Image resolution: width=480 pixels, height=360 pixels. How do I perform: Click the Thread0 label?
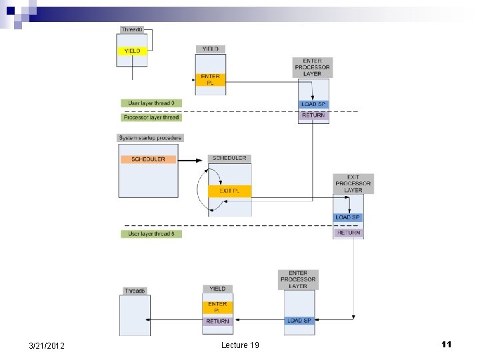pyautogui.click(x=132, y=30)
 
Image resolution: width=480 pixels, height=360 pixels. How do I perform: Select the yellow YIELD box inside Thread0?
pyautogui.click(x=132, y=51)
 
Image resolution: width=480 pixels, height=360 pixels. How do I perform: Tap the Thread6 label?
pyautogui.click(x=135, y=291)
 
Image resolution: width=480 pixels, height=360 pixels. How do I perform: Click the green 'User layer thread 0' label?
pyautogui.click(x=151, y=103)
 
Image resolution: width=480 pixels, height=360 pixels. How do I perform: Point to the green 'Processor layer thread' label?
pyautogui.click(x=151, y=117)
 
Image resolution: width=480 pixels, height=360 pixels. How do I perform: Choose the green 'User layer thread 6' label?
pyautogui.click(x=151, y=234)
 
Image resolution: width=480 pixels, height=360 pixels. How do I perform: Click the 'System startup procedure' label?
pyautogui.click(x=150, y=138)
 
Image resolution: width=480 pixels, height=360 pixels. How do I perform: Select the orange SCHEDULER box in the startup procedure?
pyautogui.click(x=148, y=159)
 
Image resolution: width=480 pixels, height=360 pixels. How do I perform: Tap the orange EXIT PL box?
pyautogui.click(x=229, y=191)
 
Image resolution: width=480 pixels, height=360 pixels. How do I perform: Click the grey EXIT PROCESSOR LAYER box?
pyautogui.click(x=353, y=183)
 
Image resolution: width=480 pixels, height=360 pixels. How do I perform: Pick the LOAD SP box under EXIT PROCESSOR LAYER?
pyautogui.click(x=348, y=217)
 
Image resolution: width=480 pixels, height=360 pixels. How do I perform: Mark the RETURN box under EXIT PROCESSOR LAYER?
pyautogui.click(x=348, y=233)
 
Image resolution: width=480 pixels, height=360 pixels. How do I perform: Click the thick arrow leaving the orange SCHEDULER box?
pyautogui.click(x=189, y=160)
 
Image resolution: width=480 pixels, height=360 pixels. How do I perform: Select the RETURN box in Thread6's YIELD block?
pyautogui.click(x=217, y=321)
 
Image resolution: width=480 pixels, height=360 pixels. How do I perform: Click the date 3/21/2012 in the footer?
pyautogui.click(x=47, y=345)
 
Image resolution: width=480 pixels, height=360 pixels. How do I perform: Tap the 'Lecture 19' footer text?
pyautogui.click(x=240, y=345)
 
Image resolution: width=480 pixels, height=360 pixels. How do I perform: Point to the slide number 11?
pyautogui.click(x=446, y=344)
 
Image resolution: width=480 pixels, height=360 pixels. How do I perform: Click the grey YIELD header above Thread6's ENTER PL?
pyautogui.click(x=217, y=289)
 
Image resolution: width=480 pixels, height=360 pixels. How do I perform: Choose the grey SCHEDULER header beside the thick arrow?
pyautogui.click(x=230, y=159)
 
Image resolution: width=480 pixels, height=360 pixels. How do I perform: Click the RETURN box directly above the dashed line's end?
pyautogui.click(x=313, y=115)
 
